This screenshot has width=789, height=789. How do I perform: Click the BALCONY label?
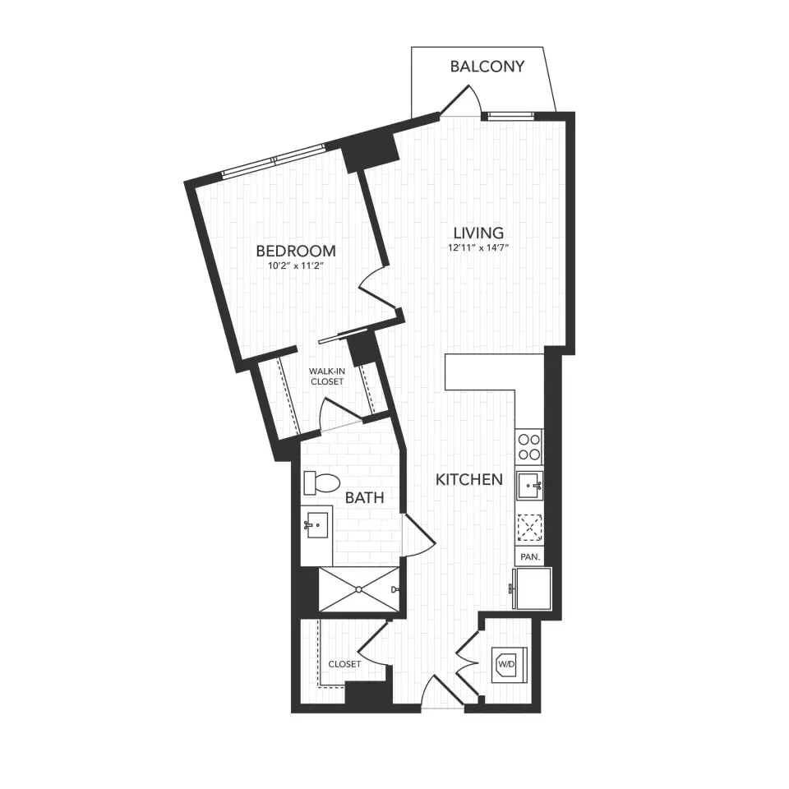(x=487, y=67)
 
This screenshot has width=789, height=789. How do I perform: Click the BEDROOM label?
(x=296, y=251)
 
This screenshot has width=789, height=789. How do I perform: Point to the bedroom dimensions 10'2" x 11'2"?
(x=296, y=265)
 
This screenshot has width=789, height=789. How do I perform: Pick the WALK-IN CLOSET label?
(x=327, y=376)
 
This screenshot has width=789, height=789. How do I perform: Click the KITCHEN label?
(x=468, y=479)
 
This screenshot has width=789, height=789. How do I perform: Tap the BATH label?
(x=364, y=497)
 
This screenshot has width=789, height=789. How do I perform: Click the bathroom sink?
(x=316, y=524)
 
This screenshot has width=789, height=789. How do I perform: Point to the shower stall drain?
(x=359, y=589)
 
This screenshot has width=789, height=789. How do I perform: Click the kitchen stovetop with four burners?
(x=529, y=446)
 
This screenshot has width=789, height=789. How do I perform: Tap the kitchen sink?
(x=529, y=485)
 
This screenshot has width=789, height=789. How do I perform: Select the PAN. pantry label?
(x=530, y=556)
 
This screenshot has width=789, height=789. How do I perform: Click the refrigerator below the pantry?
(x=531, y=588)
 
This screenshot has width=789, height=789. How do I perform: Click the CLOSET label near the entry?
(x=344, y=664)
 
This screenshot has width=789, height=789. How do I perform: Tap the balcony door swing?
(x=460, y=103)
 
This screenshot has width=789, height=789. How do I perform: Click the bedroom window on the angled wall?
(x=274, y=161)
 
